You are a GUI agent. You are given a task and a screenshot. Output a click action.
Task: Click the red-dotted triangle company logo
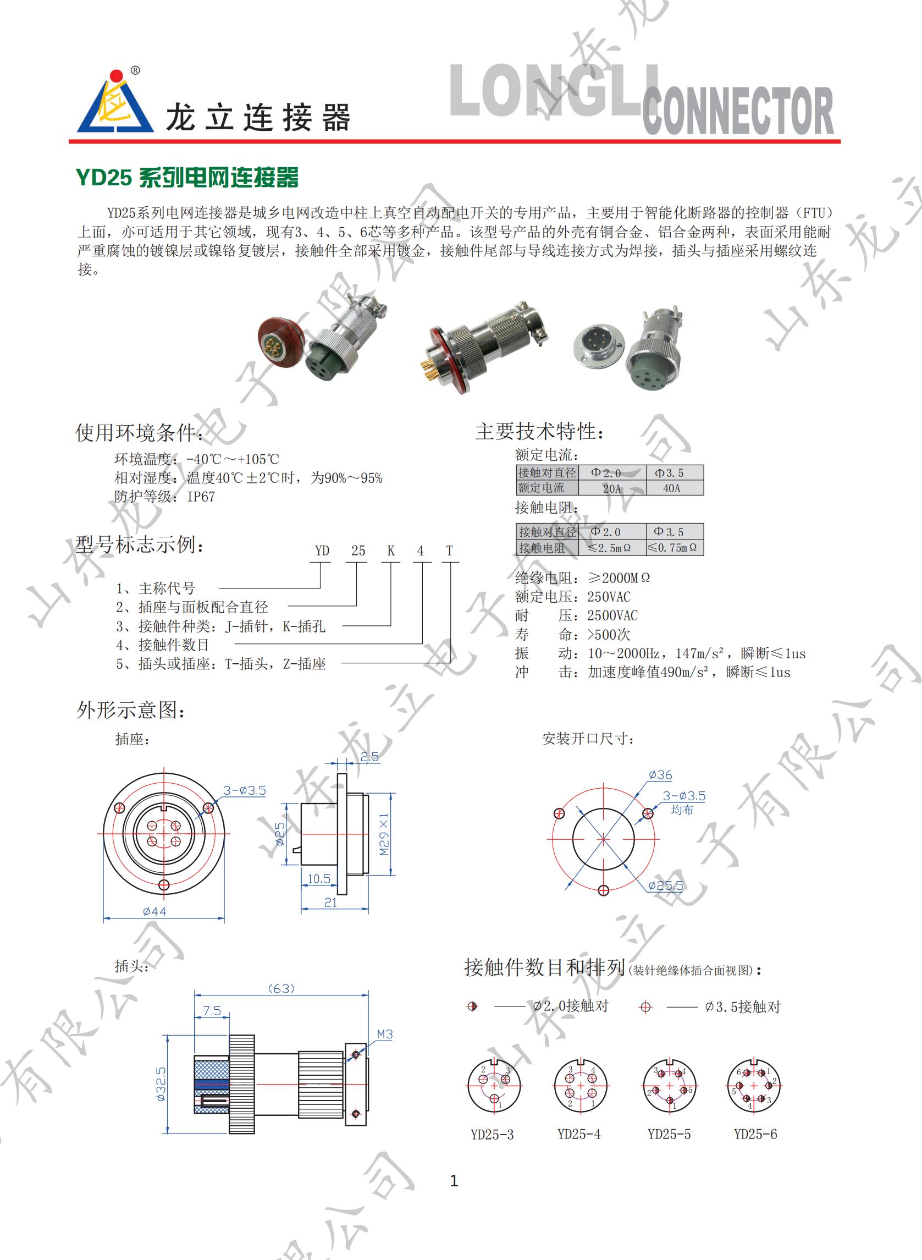point(115,102)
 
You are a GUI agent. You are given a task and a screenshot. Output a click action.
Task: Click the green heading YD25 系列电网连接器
point(187,178)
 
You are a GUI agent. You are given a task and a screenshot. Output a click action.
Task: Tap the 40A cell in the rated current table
point(671,488)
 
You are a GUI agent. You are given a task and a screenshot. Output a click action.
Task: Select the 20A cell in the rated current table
point(612,488)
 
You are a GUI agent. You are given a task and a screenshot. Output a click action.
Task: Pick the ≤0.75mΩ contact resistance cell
point(675,548)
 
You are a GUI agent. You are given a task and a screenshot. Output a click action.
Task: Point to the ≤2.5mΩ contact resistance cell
point(612,548)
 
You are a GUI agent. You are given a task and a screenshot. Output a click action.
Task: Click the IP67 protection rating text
point(201,497)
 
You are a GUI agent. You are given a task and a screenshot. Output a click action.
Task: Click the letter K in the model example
point(391,551)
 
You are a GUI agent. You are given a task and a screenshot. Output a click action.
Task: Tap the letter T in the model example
point(449,551)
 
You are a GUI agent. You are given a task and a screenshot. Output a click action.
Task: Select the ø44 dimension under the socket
point(154,912)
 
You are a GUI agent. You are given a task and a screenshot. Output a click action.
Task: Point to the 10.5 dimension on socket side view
point(319,879)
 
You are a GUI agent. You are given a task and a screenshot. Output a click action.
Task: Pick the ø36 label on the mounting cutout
point(660,775)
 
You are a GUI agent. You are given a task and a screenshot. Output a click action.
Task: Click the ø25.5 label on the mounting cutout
point(665,885)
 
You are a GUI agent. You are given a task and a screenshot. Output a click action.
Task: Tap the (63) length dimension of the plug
point(281,989)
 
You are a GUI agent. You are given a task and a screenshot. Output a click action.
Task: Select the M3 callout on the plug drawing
point(385,1035)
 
